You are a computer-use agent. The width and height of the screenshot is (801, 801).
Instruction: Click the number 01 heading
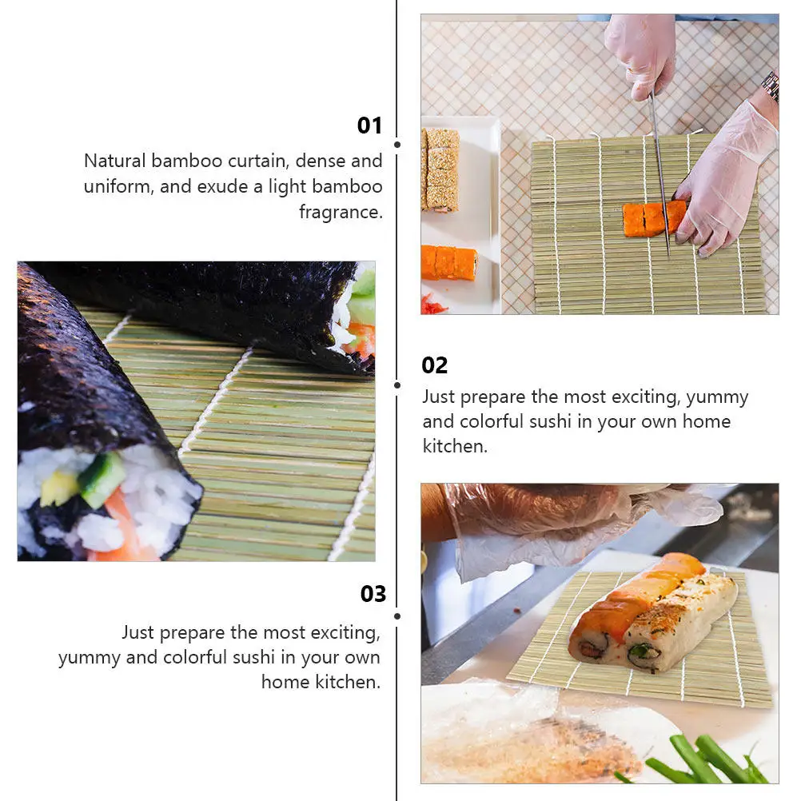pyautogui.click(x=369, y=126)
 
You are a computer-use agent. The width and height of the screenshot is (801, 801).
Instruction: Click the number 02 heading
pyautogui.click(x=435, y=365)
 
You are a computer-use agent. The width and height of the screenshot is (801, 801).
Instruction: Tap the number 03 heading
pyautogui.click(x=373, y=594)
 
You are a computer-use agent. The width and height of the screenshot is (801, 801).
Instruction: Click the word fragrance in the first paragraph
pyautogui.click(x=341, y=212)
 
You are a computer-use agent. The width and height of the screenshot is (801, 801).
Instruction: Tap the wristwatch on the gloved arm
pyautogui.click(x=771, y=85)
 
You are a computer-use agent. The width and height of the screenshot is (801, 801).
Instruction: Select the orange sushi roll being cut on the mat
pyautogui.click(x=654, y=217)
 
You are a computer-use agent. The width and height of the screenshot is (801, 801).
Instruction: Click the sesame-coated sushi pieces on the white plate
pyautogui.click(x=441, y=168)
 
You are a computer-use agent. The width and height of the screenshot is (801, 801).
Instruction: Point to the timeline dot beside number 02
pyautogui.click(x=397, y=385)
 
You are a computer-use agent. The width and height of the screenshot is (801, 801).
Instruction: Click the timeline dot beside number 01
pyautogui.click(x=397, y=145)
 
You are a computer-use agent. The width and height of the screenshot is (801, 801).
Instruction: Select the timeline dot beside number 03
pyautogui.click(x=397, y=616)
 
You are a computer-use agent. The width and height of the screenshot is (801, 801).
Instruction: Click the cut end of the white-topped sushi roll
pyautogui.click(x=644, y=655)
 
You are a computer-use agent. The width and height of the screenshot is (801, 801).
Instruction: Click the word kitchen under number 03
pyautogui.click(x=348, y=682)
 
